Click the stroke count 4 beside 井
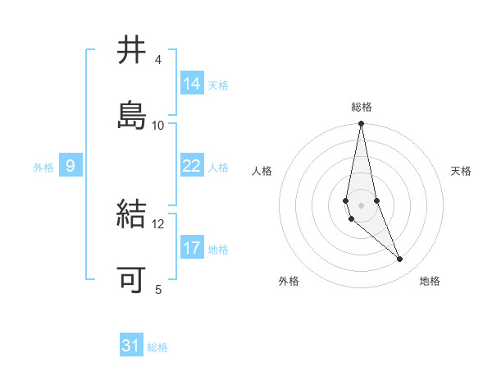157,60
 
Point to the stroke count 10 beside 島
158,125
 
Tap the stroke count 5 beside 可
157,289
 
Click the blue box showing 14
192,84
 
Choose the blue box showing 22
192,166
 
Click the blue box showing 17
192,248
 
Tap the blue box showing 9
71,166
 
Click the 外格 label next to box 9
43,168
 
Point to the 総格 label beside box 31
157,347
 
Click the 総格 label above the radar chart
362,107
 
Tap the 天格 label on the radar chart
462,171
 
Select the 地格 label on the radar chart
430,282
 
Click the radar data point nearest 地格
400,260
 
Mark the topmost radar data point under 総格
362,124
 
